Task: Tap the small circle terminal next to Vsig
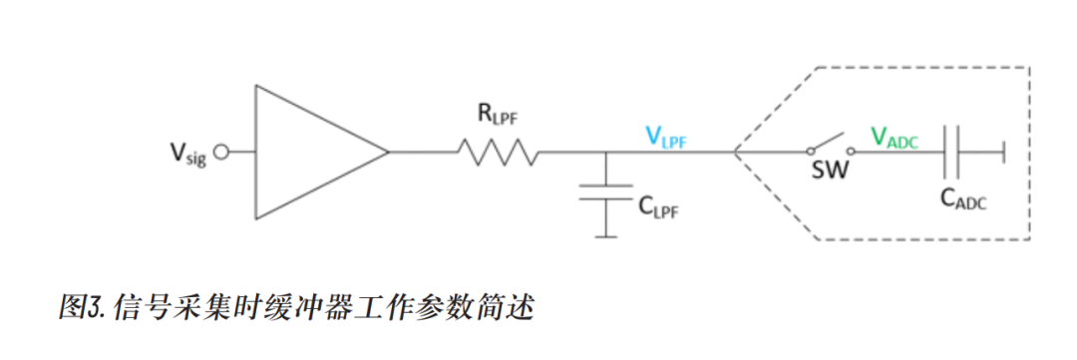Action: pyautogui.click(x=221, y=153)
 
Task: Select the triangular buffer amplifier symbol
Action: pyautogui.click(x=309, y=153)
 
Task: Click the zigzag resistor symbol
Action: pyautogui.click(x=498, y=153)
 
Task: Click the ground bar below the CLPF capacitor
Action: pyautogui.click(x=604, y=236)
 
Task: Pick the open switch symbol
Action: pyautogui.click(x=826, y=146)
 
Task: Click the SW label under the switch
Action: pyautogui.click(x=829, y=173)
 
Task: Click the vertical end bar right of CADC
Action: pyautogui.click(x=1003, y=153)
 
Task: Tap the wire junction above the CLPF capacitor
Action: pyautogui.click(x=604, y=153)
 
